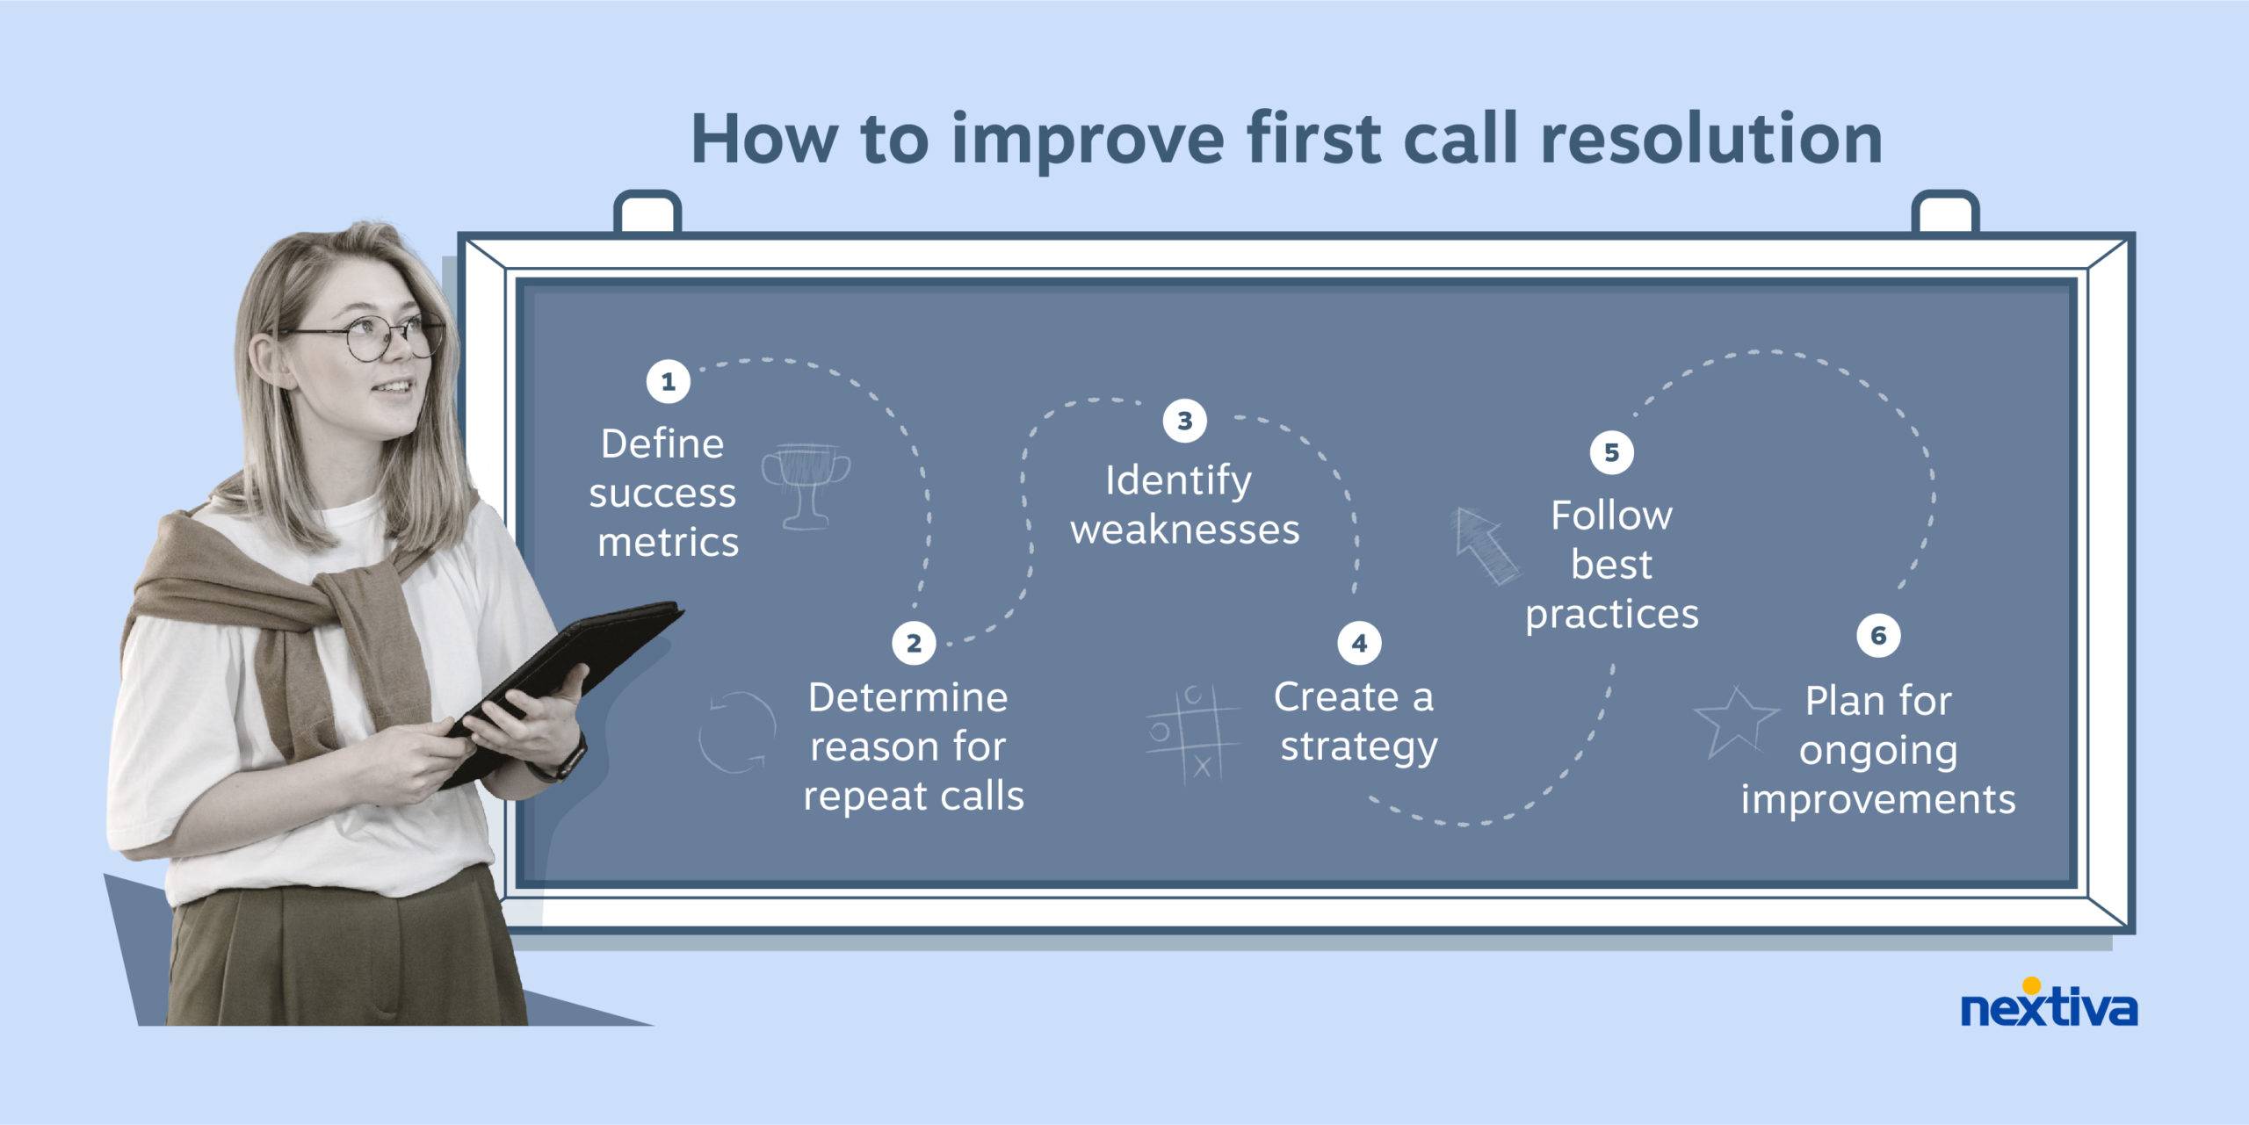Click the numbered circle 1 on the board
pos(668,382)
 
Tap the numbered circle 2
pos(914,643)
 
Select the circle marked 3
pos(1184,421)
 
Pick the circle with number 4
pos(1359,643)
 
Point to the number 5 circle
pos(1611,452)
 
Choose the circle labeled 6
pos(1878,635)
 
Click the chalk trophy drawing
pos(806,486)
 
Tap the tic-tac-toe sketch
pos(1193,733)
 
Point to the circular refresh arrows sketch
pos(737,732)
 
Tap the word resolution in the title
pos(1711,139)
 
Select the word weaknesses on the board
pos(1184,530)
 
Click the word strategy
pos(1358,746)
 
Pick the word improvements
pos(1878,799)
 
